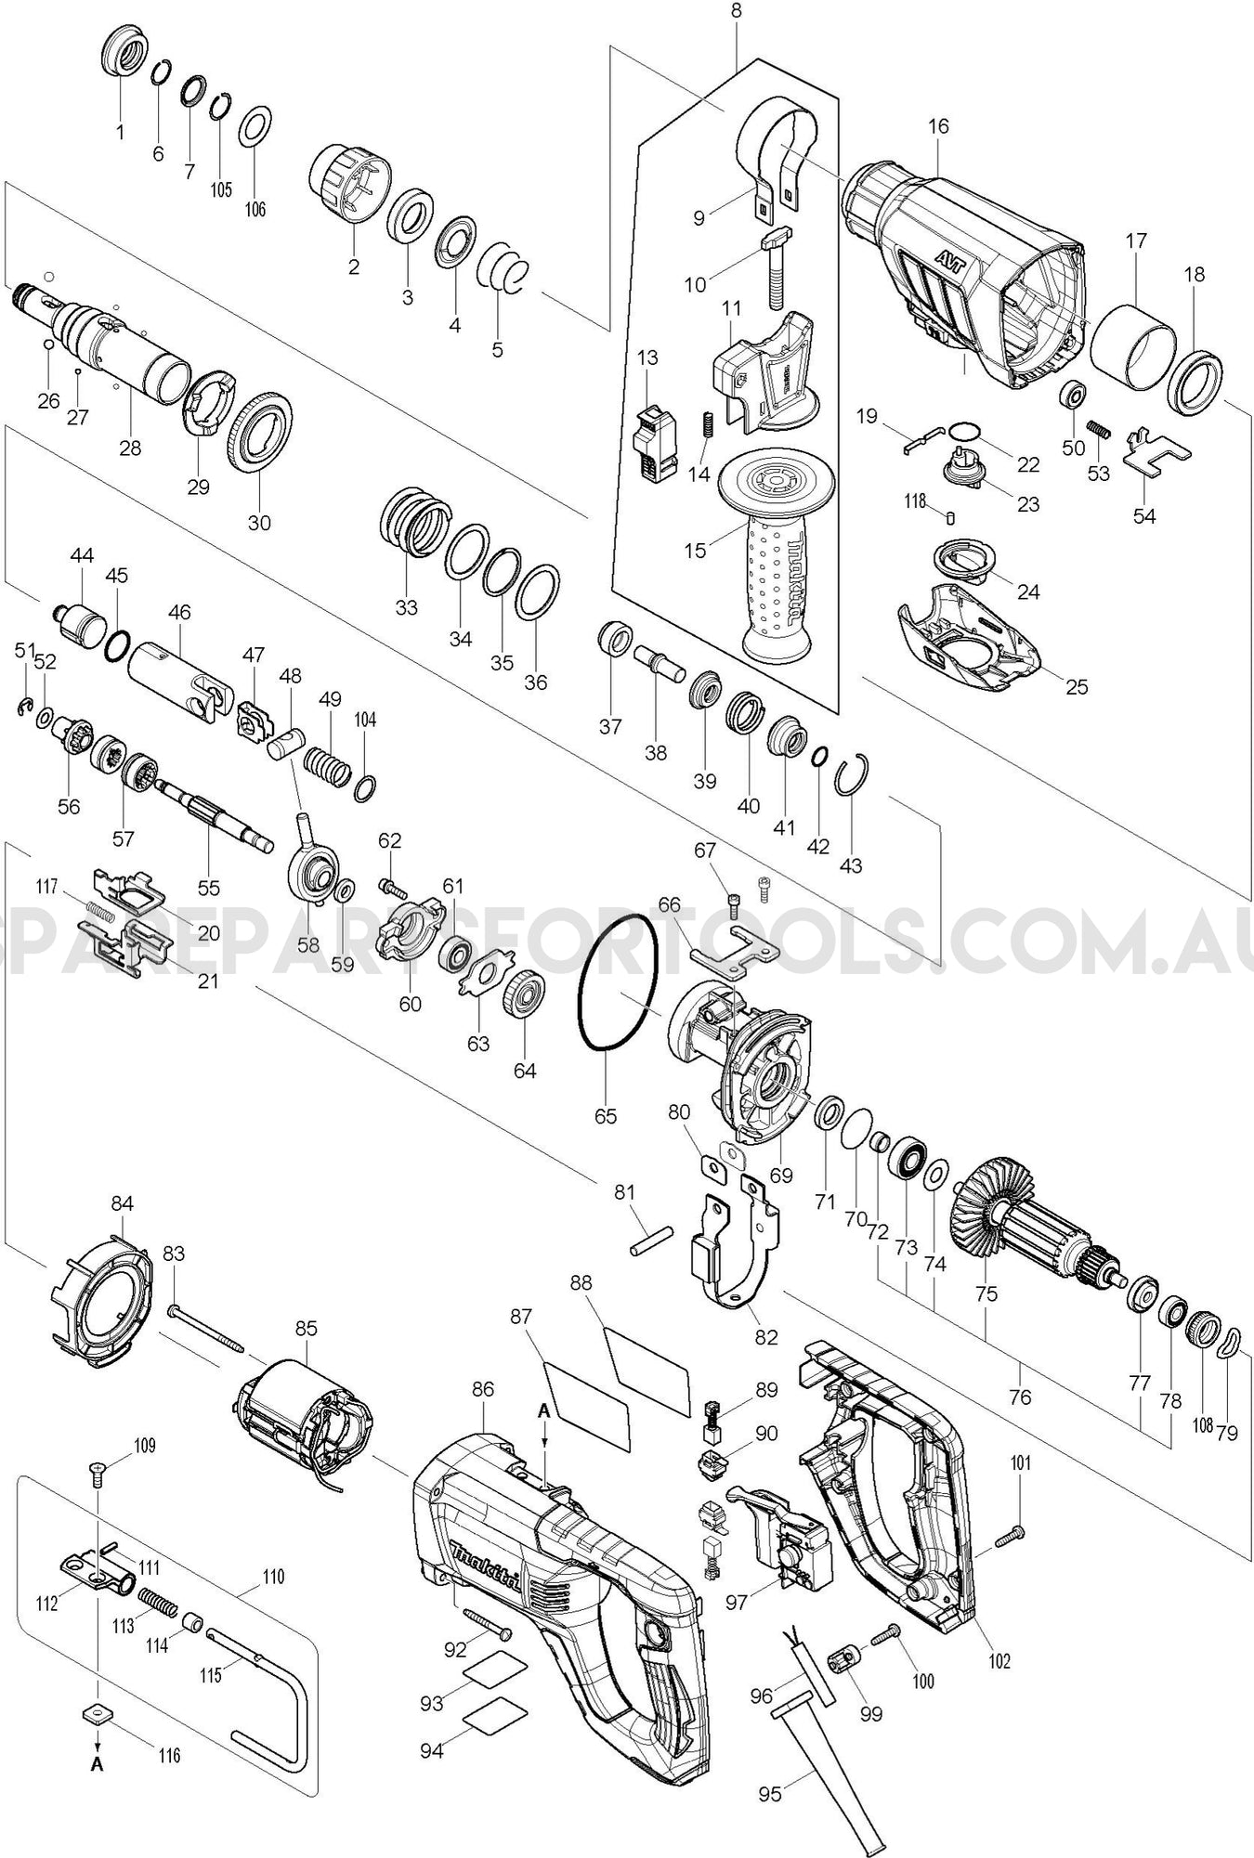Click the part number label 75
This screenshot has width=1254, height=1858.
986,1293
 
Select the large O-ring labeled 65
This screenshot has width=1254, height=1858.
618,983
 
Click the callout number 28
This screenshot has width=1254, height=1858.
130,448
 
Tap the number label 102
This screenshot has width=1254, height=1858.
999,1661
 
